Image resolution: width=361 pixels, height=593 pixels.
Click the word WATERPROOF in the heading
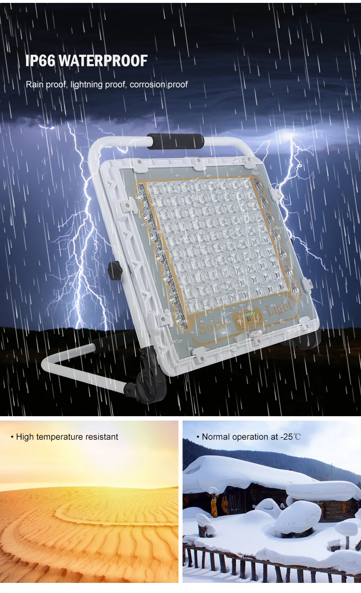coord(103,61)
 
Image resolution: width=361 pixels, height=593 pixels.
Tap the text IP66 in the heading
coord(41,61)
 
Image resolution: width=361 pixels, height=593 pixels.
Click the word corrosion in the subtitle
coord(147,85)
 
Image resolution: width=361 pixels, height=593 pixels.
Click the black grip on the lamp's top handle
coord(175,141)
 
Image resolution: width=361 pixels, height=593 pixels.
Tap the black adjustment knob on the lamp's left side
coord(115,268)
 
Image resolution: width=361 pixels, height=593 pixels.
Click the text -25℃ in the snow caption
coord(291,437)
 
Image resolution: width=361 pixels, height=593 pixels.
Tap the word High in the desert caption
coord(25,437)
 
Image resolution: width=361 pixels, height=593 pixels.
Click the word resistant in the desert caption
coord(102,437)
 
